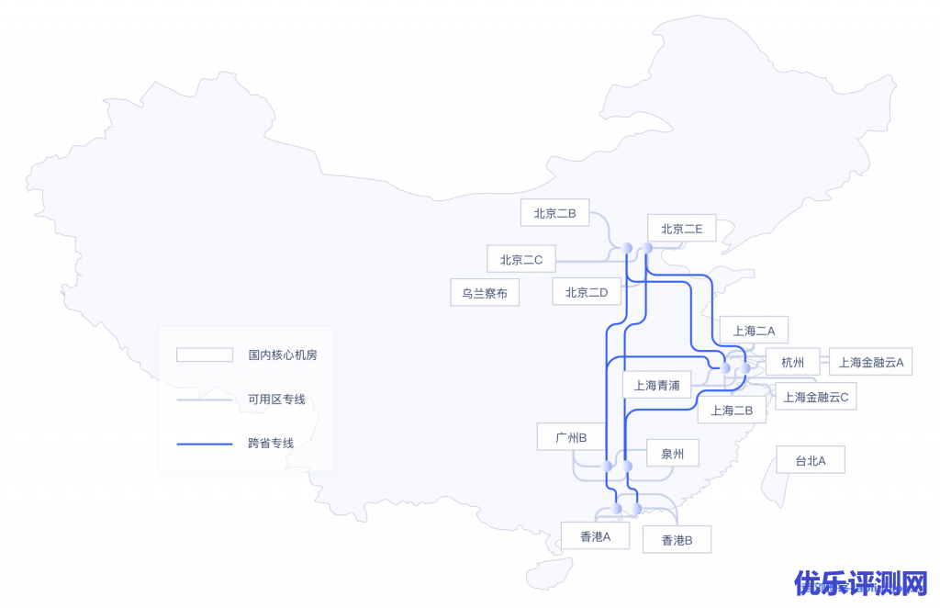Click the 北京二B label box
click(554, 213)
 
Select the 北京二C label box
click(521, 260)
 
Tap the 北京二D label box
click(587, 292)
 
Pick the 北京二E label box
click(681, 230)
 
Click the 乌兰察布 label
click(485, 293)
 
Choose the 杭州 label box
click(793, 362)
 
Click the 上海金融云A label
click(870, 362)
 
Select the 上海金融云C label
click(815, 397)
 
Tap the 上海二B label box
click(732, 411)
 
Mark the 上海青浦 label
click(656, 385)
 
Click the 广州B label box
click(571, 437)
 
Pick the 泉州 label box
click(672, 453)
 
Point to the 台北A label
click(810, 460)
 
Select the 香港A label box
click(595, 535)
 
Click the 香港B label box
click(677, 540)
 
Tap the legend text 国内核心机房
click(283, 355)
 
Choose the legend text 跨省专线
click(271, 444)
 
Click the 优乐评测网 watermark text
click(861, 583)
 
